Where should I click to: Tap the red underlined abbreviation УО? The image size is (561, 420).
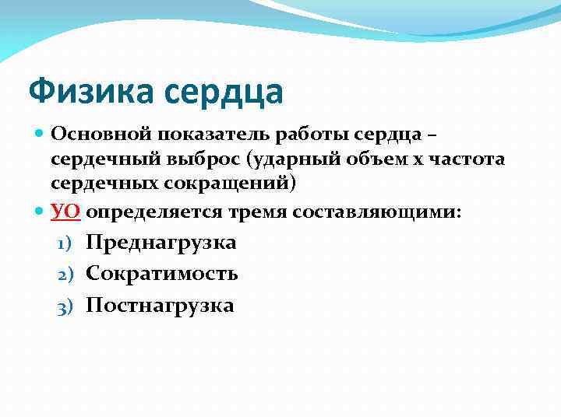pyautogui.click(x=66, y=211)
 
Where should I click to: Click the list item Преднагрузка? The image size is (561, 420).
pyautogui.click(x=161, y=242)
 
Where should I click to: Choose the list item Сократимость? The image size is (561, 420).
pyautogui.click(x=162, y=274)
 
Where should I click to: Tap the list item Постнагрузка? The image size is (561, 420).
pyautogui.click(x=160, y=306)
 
